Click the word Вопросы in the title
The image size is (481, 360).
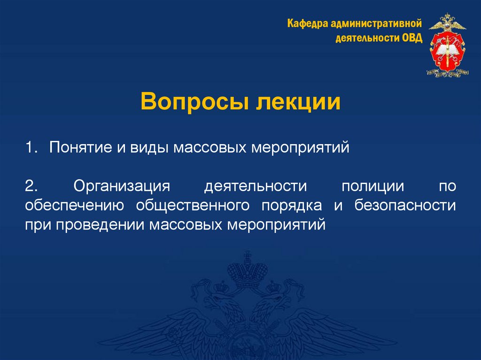(192, 102)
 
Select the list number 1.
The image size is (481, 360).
(31, 148)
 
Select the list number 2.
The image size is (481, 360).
(31, 187)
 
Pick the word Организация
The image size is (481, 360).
(121, 187)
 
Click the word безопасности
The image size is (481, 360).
(405, 206)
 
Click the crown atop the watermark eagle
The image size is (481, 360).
(246, 270)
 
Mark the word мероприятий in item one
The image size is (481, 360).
(301, 148)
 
